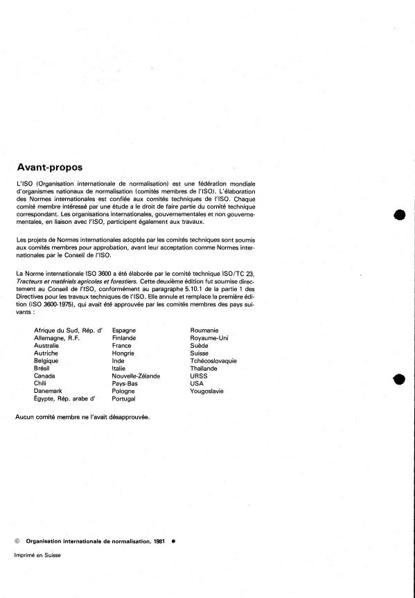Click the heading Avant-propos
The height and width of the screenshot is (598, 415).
[49, 167]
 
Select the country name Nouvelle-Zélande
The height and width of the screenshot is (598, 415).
[136, 376]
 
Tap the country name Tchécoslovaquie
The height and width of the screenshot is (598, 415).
[213, 360]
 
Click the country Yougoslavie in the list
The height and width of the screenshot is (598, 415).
[208, 391]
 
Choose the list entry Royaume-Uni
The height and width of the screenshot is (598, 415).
[209, 337]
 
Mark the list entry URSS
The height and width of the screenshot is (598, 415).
[199, 376]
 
